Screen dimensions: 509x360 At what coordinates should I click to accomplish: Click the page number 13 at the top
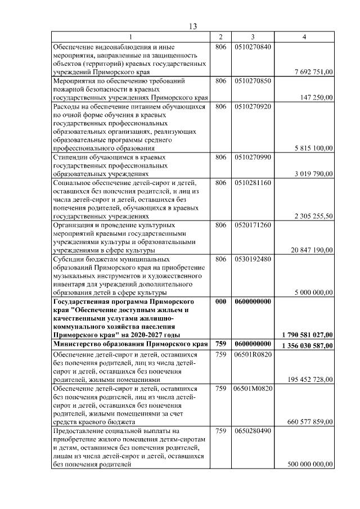tap(193, 27)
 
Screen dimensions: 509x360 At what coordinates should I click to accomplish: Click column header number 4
tap(304, 37)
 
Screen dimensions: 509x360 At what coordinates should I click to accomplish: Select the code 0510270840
tap(253, 47)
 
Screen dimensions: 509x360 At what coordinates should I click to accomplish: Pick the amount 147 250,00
tap(317, 97)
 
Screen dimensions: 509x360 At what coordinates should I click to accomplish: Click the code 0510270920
tap(253, 106)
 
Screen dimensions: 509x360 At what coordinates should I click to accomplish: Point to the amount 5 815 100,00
tap(314, 148)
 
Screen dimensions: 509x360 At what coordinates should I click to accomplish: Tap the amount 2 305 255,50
tap(314, 216)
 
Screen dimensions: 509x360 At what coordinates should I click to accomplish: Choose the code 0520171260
tap(253, 225)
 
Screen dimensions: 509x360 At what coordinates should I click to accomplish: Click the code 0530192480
tap(253, 259)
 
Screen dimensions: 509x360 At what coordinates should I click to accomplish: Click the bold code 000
tap(220, 301)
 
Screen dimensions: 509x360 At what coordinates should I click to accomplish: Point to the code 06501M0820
tap(253, 388)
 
